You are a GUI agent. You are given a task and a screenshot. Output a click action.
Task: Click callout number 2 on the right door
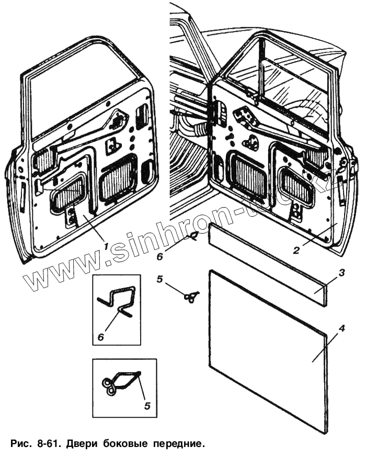point(296,250)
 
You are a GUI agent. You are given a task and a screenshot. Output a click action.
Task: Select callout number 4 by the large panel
point(341,329)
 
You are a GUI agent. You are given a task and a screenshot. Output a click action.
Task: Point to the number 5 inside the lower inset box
point(147,405)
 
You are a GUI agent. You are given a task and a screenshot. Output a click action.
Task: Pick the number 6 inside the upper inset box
point(100,337)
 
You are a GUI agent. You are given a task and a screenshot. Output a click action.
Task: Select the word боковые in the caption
point(133,445)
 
